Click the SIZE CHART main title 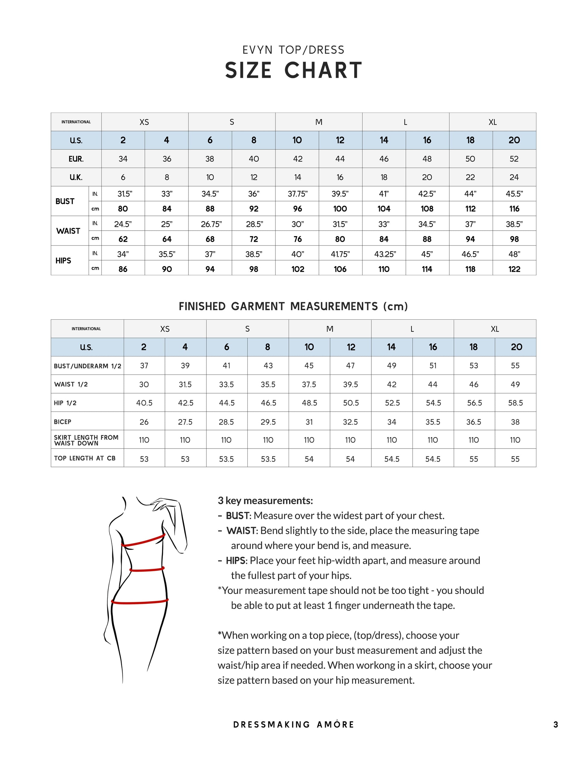pyautogui.click(x=293, y=70)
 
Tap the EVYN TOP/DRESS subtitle pyautogui.click(x=293, y=50)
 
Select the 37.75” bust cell pyautogui.click(x=297, y=194)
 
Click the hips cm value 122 pyautogui.click(x=514, y=269)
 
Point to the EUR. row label pyautogui.click(x=76, y=159)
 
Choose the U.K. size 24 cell pyautogui.click(x=514, y=177)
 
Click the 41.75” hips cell pyautogui.click(x=340, y=254)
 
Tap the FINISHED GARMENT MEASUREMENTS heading pyautogui.click(x=293, y=307)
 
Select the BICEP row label pyautogui.click(x=63, y=422)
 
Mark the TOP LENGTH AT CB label pyautogui.click(x=84, y=458)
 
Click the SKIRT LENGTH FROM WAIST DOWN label pyautogui.click(x=86, y=440)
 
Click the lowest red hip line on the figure pyautogui.click(x=140, y=601)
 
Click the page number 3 pyautogui.click(x=556, y=725)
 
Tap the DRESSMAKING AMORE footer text pyautogui.click(x=293, y=725)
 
